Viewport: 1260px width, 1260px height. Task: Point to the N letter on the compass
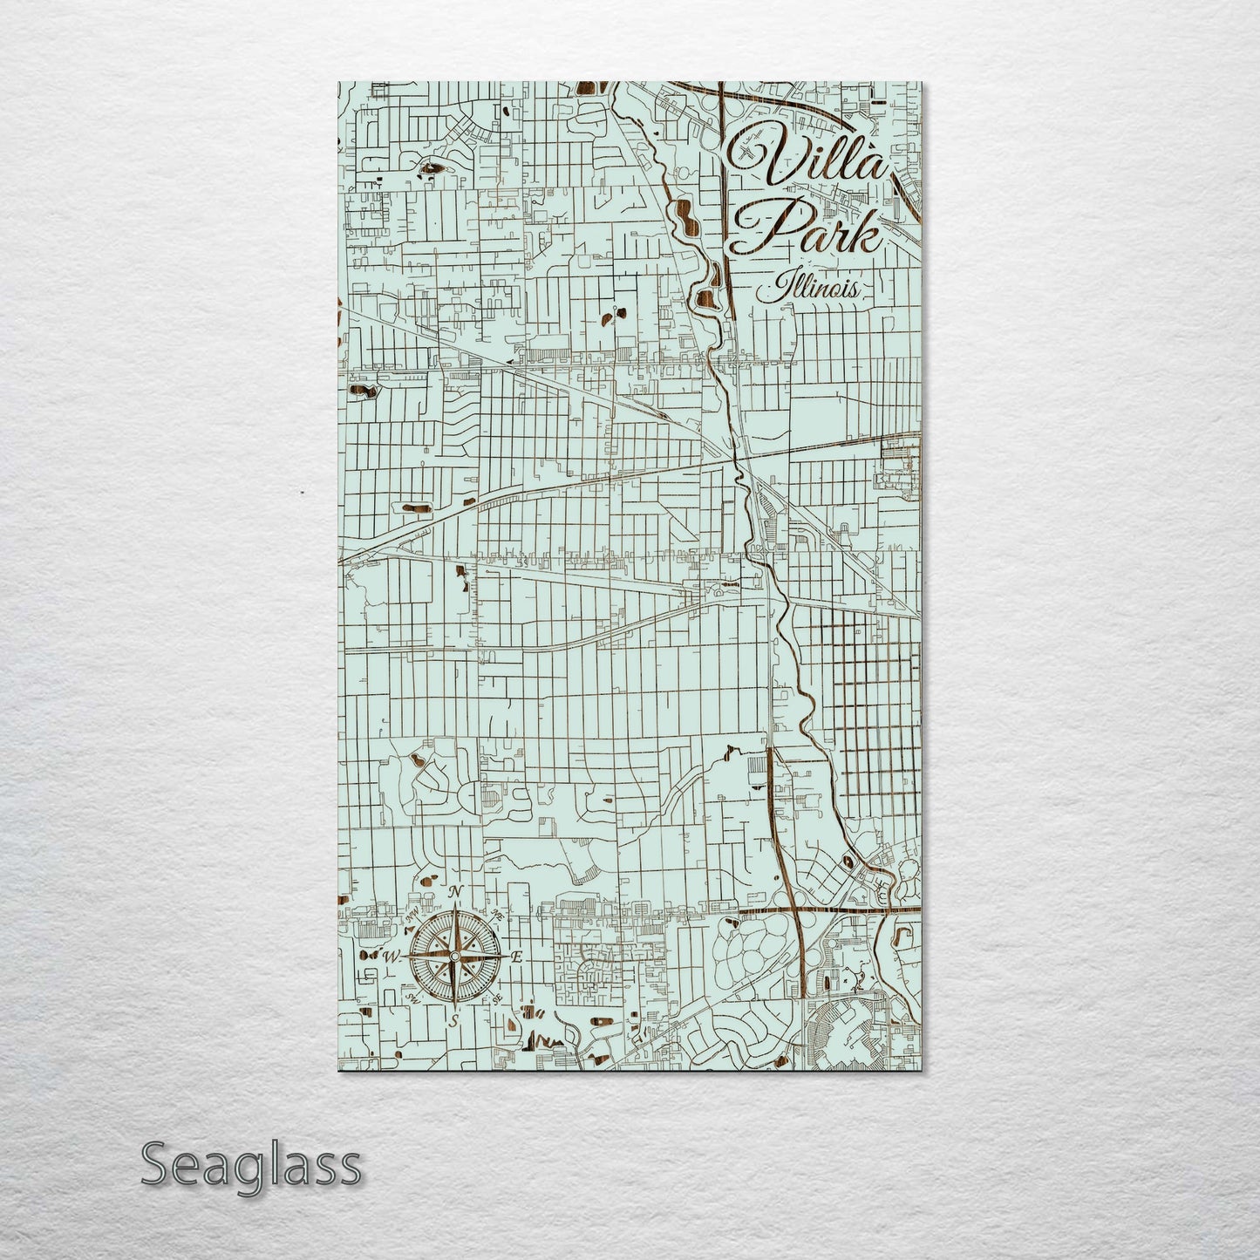coord(453,892)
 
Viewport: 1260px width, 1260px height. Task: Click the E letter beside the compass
coord(516,957)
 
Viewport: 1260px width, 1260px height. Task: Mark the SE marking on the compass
coord(498,999)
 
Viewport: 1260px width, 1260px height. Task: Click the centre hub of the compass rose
coord(453,957)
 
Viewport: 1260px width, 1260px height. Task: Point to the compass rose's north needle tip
coord(453,907)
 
